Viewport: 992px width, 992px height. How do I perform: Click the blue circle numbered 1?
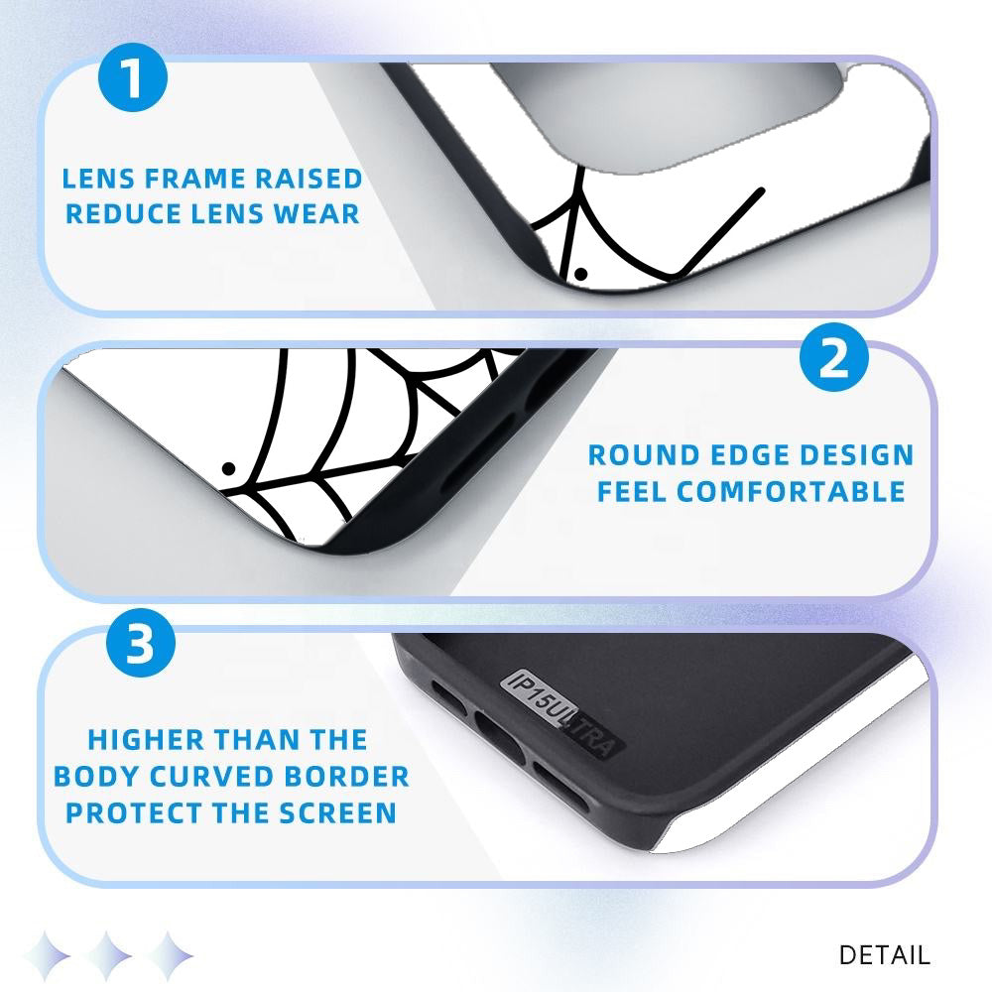(133, 77)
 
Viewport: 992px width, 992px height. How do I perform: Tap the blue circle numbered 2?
(834, 357)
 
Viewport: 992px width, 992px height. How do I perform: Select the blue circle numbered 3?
(141, 643)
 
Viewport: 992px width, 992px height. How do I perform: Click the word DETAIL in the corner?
(885, 954)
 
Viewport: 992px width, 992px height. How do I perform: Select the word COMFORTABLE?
(791, 492)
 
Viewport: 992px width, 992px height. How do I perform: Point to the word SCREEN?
(338, 813)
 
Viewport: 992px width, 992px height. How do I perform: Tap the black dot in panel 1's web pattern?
(580, 274)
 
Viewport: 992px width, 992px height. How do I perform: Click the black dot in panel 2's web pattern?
(228, 469)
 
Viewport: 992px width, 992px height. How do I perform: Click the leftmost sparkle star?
(47, 955)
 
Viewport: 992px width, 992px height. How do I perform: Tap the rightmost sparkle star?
(169, 955)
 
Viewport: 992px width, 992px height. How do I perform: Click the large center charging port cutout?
(499, 738)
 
